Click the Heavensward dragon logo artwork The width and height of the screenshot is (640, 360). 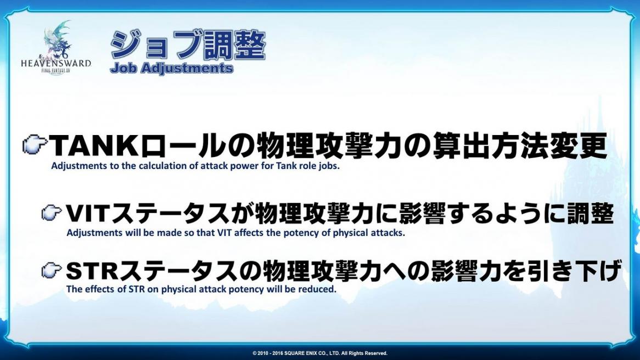click(57, 40)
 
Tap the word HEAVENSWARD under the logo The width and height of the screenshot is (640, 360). click(56, 64)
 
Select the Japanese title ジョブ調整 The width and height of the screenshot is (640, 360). click(188, 45)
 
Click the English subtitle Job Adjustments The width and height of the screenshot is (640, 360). click(171, 68)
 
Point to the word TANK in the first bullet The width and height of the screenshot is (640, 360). click(94, 146)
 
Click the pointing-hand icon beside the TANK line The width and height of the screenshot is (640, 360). click(35, 144)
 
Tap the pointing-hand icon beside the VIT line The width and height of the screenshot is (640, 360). click(52, 213)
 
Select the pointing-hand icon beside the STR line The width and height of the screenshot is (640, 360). click(52, 270)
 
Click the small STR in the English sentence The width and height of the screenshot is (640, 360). click(136, 289)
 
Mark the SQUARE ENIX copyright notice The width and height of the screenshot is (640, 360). click(320, 353)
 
